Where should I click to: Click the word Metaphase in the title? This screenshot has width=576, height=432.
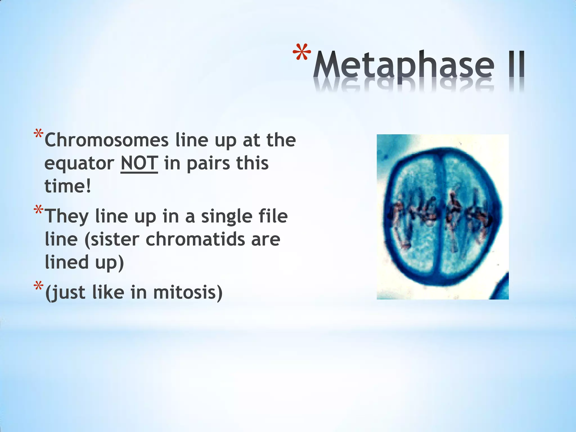tap(404, 65)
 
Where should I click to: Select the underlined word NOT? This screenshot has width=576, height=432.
tap(139, 163)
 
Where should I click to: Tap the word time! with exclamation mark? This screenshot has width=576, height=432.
tap(68, 186)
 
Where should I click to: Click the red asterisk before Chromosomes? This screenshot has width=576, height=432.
tap(38, 134)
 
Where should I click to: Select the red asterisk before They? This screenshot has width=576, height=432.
tap(38, 211)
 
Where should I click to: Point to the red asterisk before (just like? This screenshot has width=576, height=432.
tap(38, 287)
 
